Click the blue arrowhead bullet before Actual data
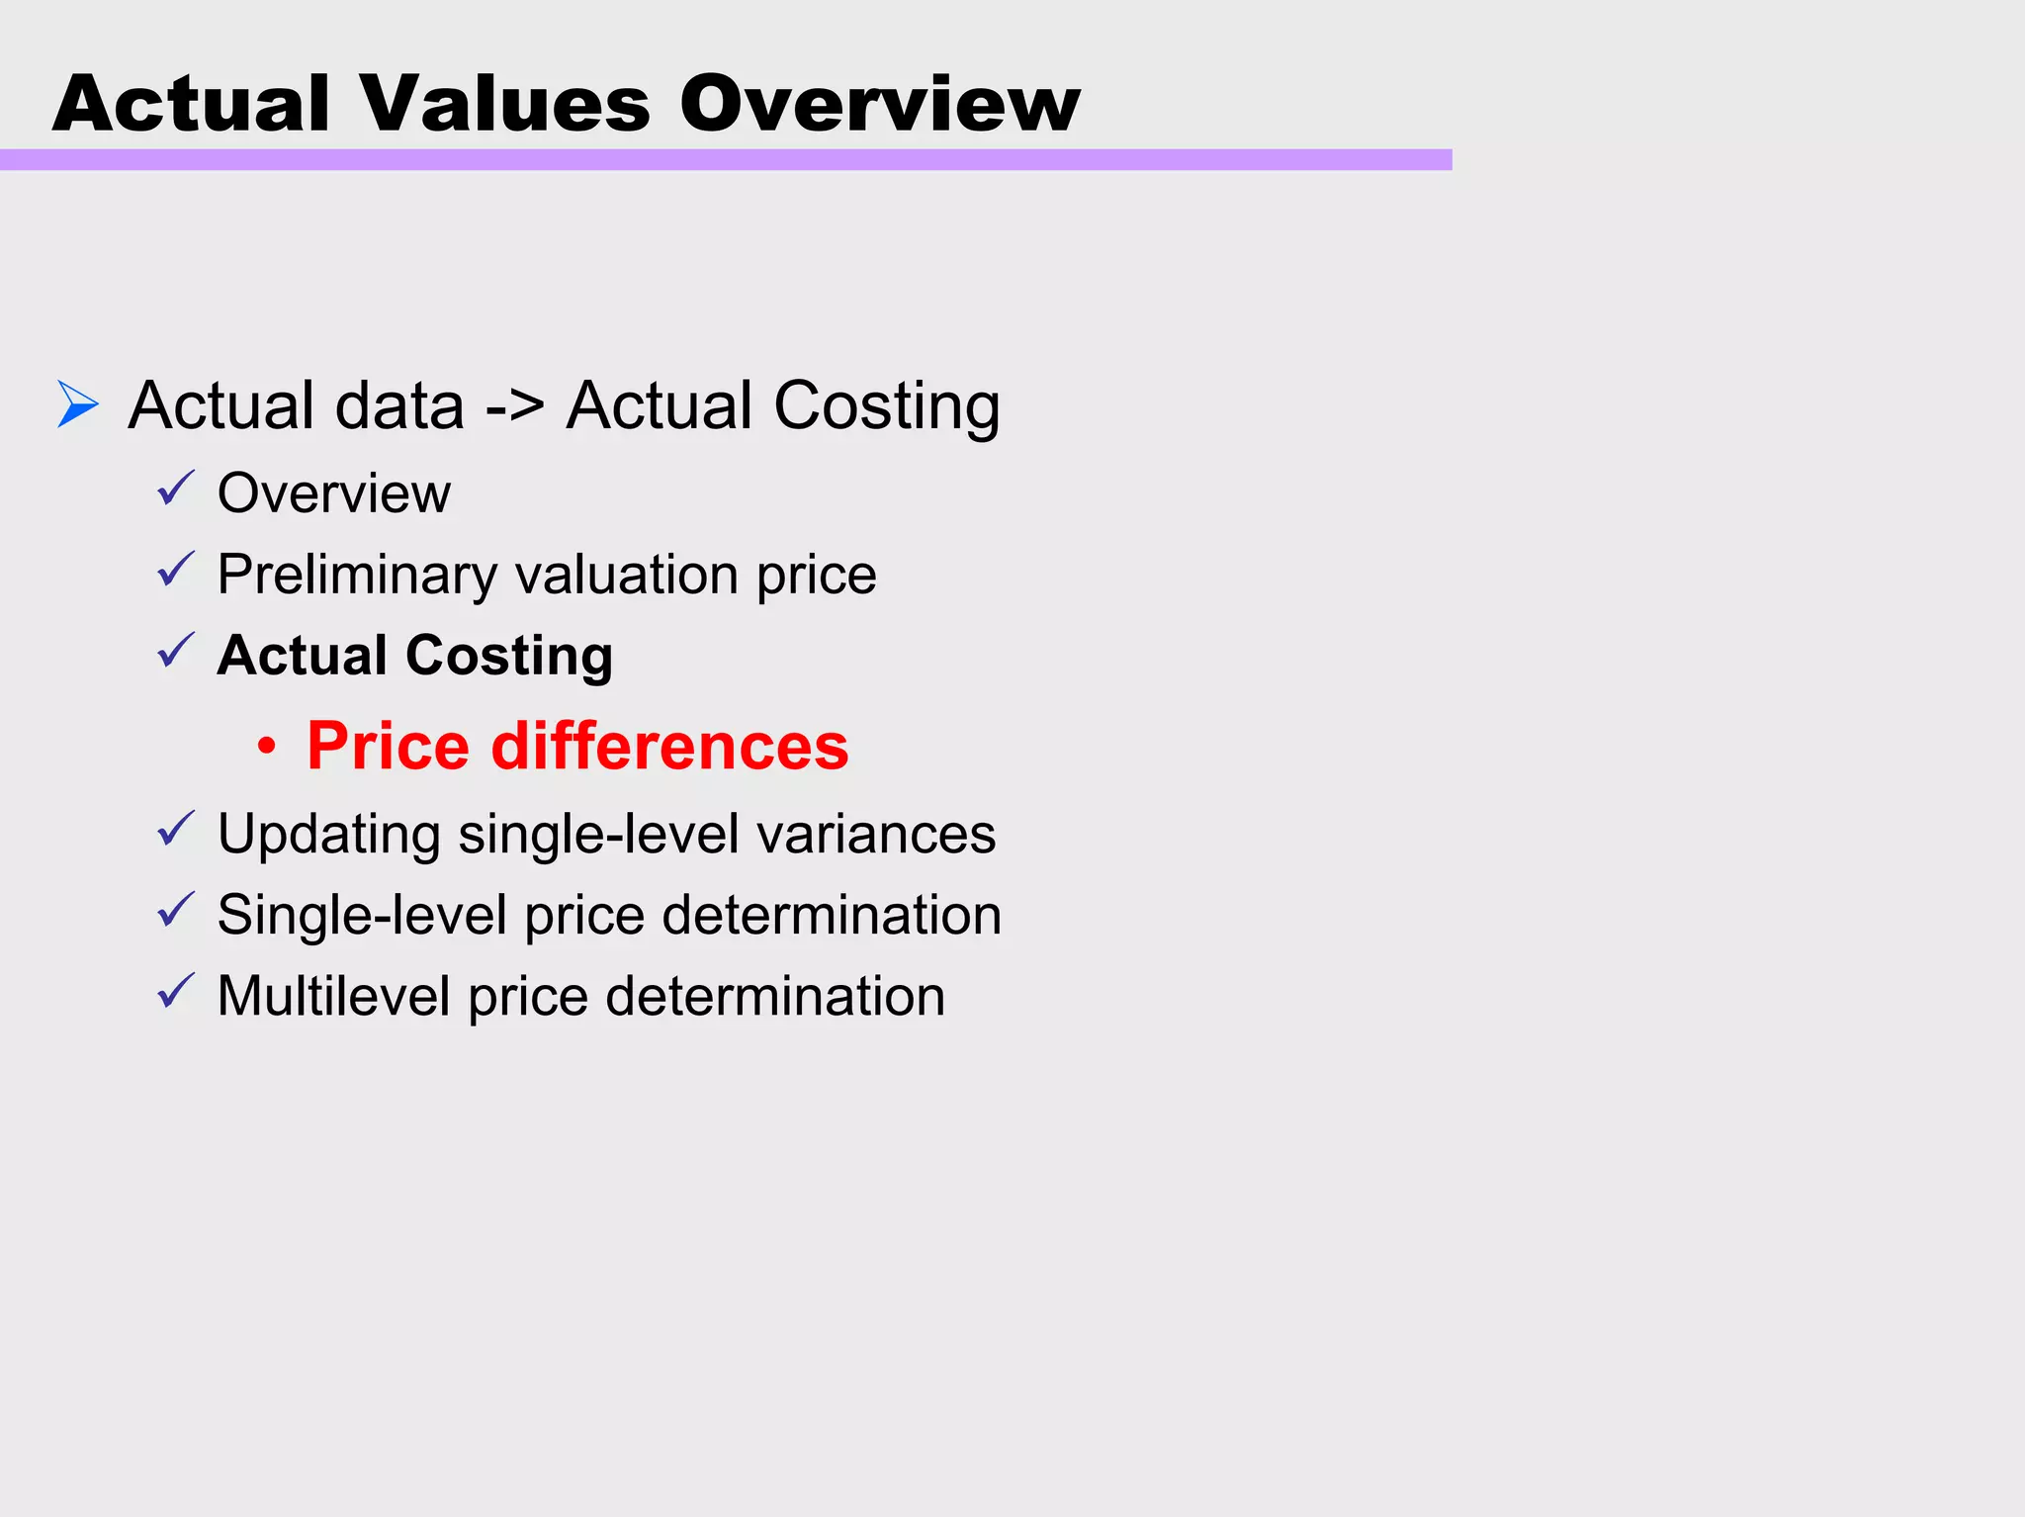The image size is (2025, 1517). [x=77, y=404]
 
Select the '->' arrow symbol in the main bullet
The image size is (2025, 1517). [x=514, y=406]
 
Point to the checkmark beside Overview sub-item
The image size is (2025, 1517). [x=176, y=489]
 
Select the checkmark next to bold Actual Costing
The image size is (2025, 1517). [x=176, y=651]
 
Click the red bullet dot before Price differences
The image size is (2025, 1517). [x=266, y=747]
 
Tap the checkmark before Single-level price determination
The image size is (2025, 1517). [x=176, y=910]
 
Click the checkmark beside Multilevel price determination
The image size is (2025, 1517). [x=176, y=991]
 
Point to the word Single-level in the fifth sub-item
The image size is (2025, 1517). [x=362, y=915]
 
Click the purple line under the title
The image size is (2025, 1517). [x=726, y=160]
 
